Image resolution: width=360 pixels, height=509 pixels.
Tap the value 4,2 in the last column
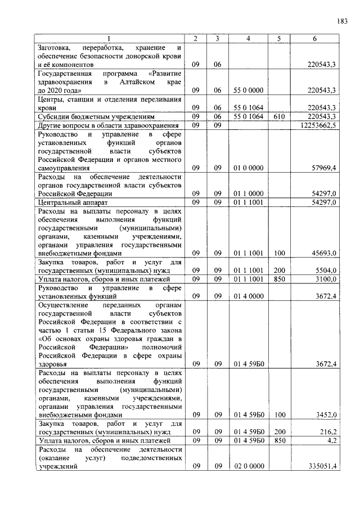[330, 441]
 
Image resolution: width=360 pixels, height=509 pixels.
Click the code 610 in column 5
[278, 116]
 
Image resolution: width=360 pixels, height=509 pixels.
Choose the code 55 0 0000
[247, 90]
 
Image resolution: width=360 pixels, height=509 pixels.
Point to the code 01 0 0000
[247, 168]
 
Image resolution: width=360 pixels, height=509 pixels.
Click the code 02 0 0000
[247, 467]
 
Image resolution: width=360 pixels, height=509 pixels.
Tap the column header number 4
[247, 38]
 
